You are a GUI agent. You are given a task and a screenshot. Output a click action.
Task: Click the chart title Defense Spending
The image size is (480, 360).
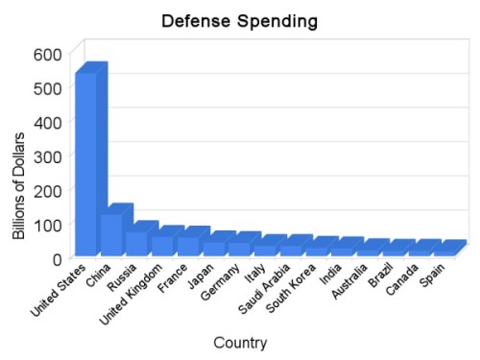point(239,20)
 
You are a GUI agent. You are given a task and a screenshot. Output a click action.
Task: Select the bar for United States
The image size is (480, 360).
point(86,163)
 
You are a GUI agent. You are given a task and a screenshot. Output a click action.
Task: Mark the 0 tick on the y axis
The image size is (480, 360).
point(58,258)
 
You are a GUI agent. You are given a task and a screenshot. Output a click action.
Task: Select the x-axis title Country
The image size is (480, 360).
point(241,342)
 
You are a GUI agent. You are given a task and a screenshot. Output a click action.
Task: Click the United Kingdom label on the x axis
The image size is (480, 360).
point(141,294)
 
